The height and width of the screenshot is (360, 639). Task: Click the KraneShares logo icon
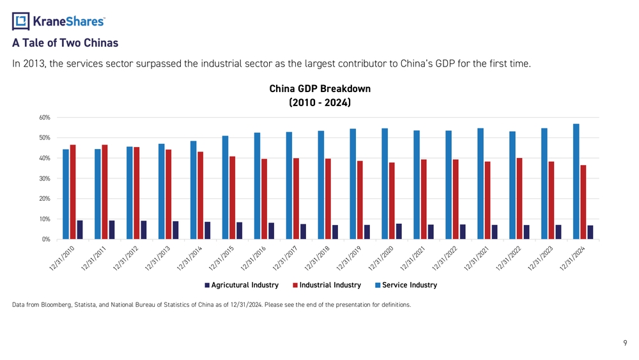[x=21, y=22]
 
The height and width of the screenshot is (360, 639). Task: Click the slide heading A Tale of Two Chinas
[x=65, y=44]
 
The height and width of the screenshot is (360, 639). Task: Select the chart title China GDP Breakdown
[x=319, y=89]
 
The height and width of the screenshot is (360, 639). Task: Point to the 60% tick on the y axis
[x=45, y=118]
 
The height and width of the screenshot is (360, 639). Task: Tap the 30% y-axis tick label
[x=45, y=178]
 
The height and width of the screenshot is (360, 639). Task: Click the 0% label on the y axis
[x=46, y=239]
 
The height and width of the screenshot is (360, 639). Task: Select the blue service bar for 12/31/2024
[x=576, y=182]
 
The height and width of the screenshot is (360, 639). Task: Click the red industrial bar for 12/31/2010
[x=73, y=192]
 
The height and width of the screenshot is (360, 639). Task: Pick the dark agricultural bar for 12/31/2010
[x=80, y=230]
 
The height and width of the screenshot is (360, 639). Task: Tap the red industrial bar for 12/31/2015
[x=233, y=198]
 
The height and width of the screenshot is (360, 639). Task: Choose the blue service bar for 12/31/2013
[x=162, y=191]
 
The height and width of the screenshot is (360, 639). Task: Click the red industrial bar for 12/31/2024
[x=583, y=202]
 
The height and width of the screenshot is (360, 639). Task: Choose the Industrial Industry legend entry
[x=327, y=285]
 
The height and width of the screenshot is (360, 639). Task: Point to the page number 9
[x=625, y=343]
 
